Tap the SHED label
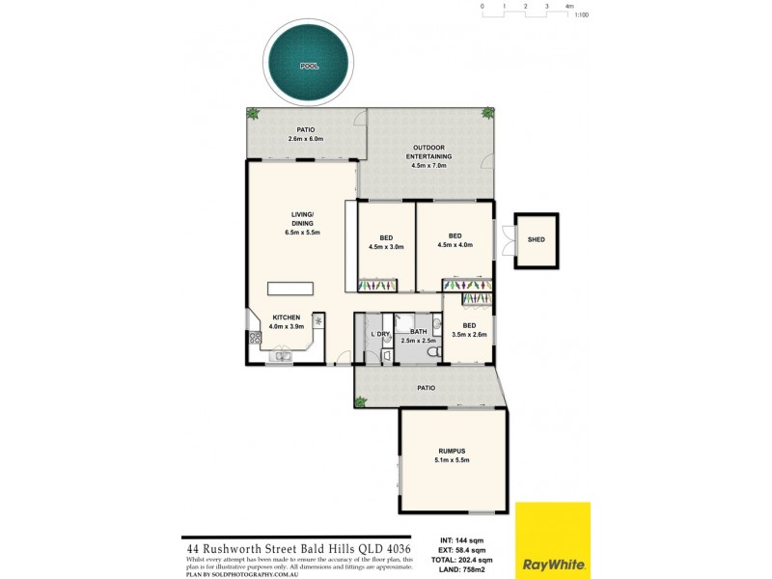(x=536, y=239)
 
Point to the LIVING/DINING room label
(x=302, y=223)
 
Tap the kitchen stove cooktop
(x=255, y=338)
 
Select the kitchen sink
(x=280, y=357)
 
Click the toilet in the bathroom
(x=436, y=354)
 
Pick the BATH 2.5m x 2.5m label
(x=418, y=336)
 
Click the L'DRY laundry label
(x=379, y=334)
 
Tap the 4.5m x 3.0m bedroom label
(x=386, y=241)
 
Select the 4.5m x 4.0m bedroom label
(x=455, y=240)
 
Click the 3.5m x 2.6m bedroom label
(x=469, y=330)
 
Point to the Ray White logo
(x=552, y=539)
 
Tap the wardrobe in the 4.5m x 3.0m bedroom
(x=376, y=286)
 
